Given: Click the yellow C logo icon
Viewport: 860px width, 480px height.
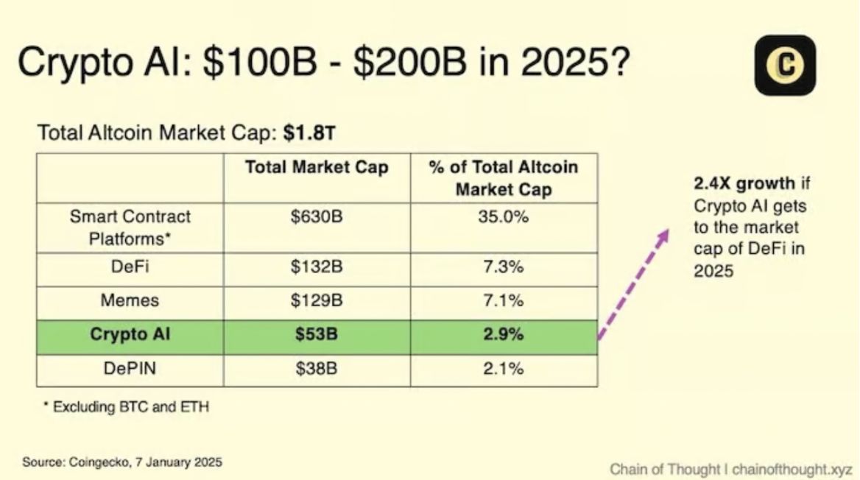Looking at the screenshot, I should [x=785, y=66].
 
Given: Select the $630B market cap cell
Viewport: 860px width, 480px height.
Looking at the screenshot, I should [x=317, y=217].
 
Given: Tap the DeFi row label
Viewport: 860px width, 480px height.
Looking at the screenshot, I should [x=130, y=267].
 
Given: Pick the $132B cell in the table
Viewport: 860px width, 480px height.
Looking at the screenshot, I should [x=317, y=267].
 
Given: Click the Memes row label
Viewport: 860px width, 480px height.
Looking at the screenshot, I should [x=130, y=300].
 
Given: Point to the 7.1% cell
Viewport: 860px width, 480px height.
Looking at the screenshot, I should [x=504, y=300].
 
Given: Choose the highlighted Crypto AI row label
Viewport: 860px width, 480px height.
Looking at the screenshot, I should [x=130, y=334].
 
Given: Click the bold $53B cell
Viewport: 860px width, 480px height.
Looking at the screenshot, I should [x=317, y=334].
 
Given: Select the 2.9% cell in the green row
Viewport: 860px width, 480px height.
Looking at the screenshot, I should [x=504, y=334].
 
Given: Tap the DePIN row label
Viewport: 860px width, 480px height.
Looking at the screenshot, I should [x=130, y=368].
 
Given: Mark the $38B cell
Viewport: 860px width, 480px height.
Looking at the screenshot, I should [x=317, y=368].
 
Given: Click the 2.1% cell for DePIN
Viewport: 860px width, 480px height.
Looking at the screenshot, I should [x=504, y=368].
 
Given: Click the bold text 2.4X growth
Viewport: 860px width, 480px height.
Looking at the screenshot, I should [x=744, y=183].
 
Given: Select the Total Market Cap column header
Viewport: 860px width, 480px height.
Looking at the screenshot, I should [x=317, y=168].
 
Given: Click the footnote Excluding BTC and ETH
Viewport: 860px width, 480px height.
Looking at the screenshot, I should [x=126, y=406].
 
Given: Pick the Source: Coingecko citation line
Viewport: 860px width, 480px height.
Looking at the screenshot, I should [x=122, y=462].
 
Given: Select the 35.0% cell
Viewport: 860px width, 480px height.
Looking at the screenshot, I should [x=504, y=217].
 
